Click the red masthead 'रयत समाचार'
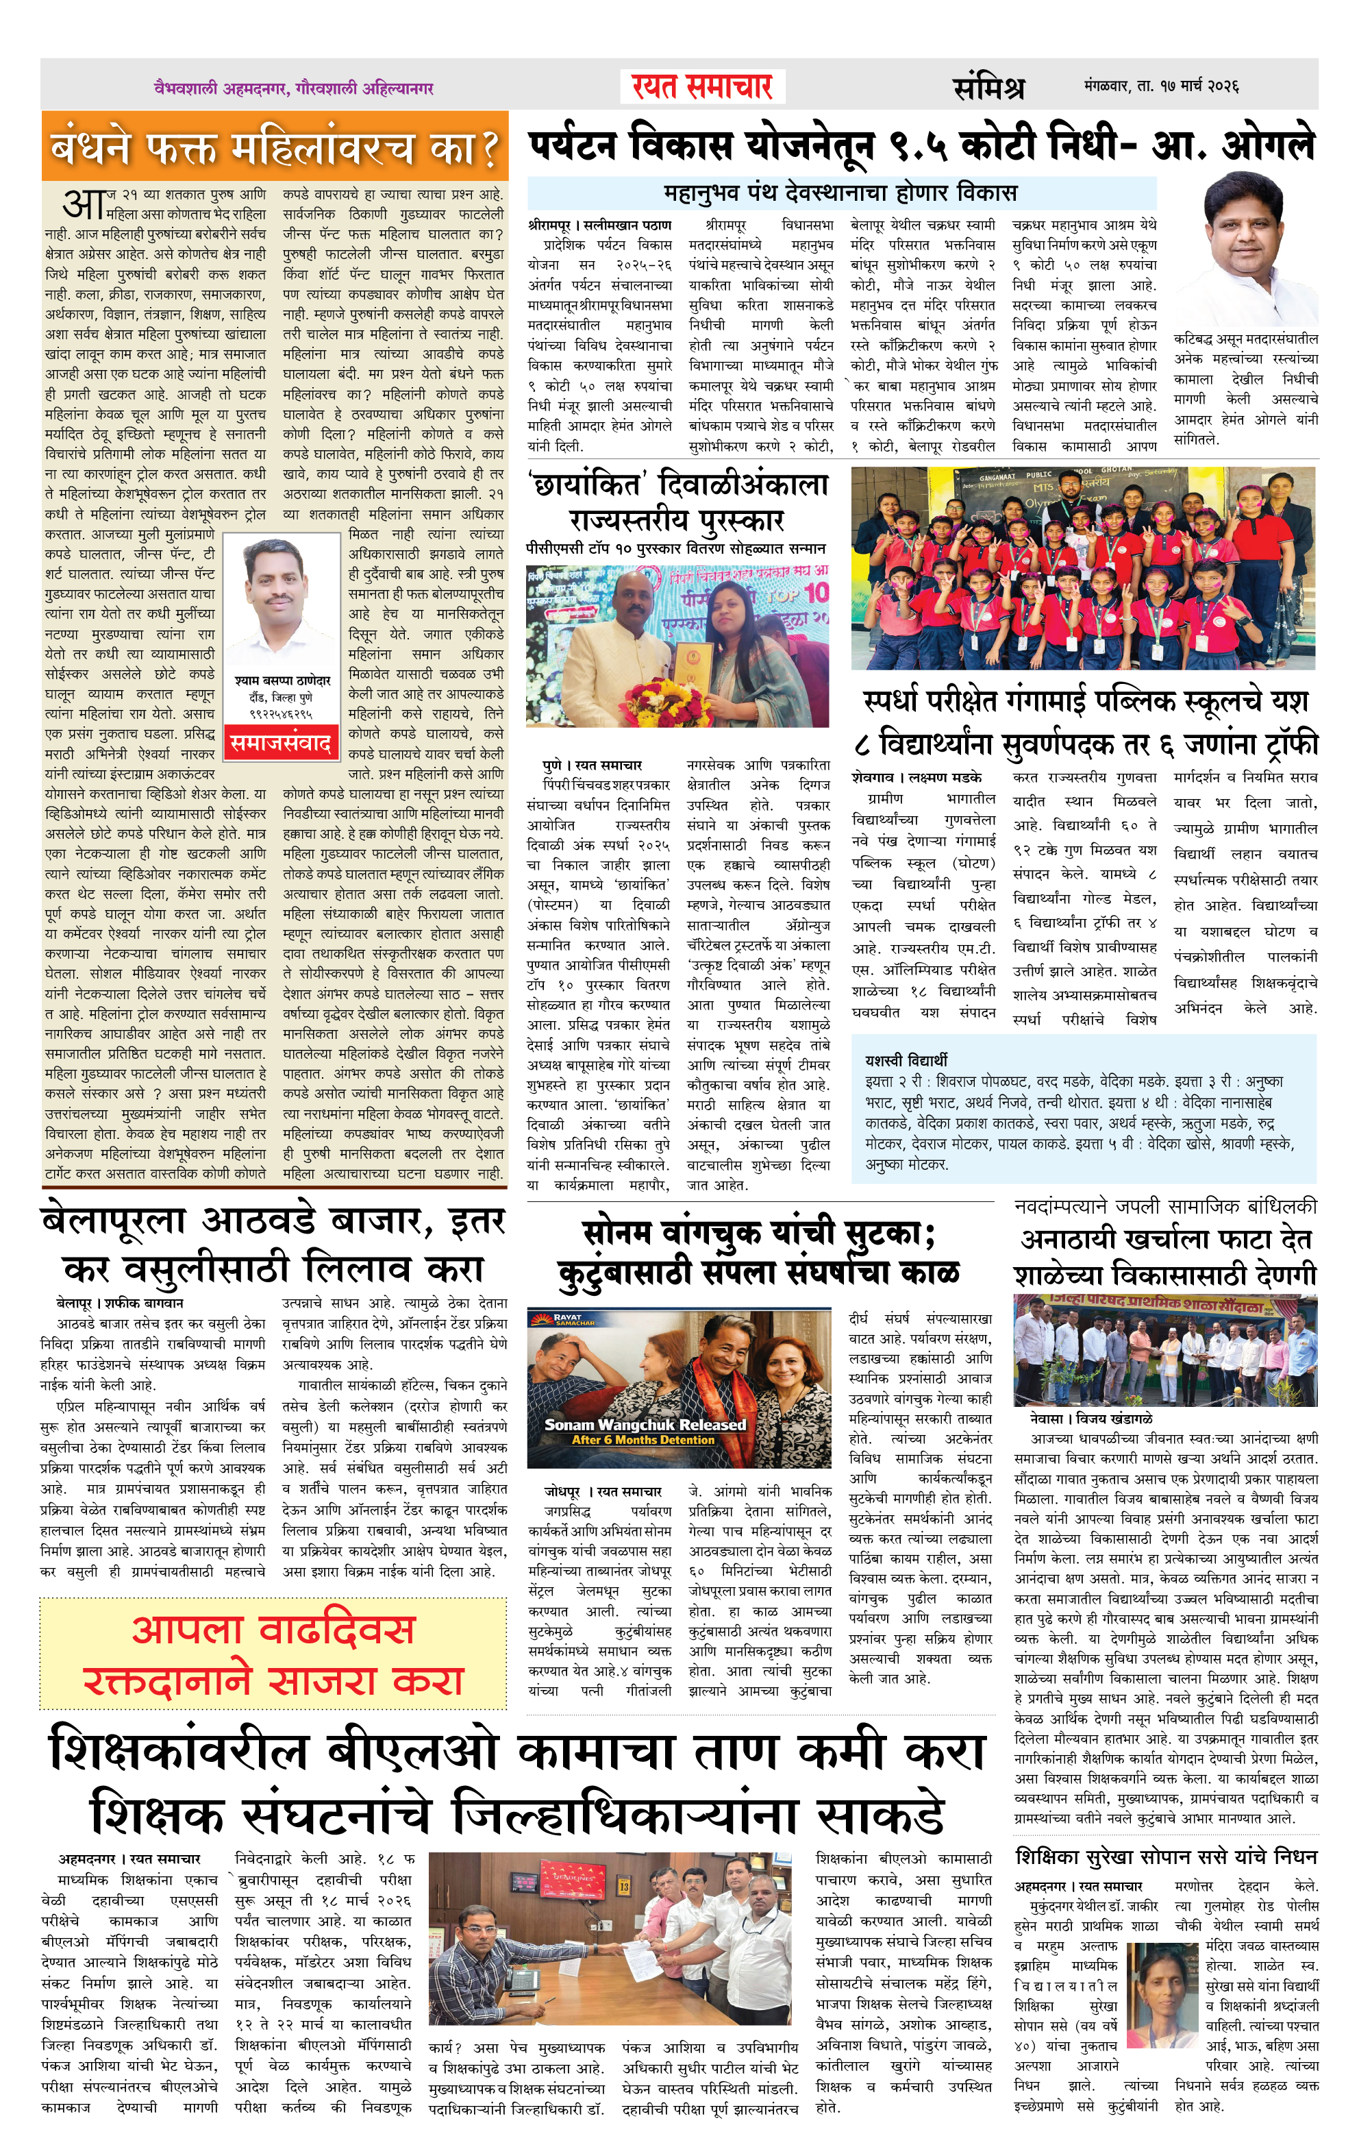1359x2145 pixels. [x=702, y=87]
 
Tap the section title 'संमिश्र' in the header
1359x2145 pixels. [x=988, y=87]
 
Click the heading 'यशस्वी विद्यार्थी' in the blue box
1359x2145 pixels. [x=906, y=1060]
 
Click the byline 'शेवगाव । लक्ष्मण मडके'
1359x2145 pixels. [x=917, y=776]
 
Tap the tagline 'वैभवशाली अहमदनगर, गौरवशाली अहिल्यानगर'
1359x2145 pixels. [x=293, y=88]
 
